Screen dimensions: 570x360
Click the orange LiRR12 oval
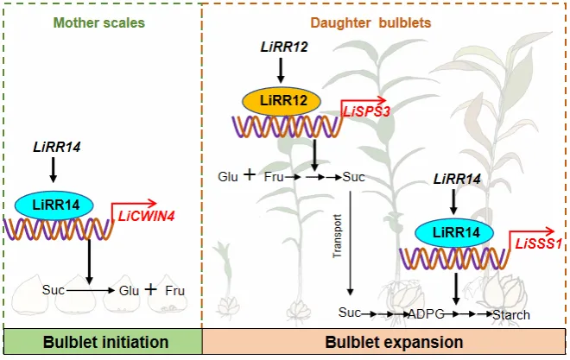coord(282,101)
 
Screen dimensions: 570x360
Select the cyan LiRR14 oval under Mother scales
coord(54,205)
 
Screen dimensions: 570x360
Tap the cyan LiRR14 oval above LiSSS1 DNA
coord(454,233)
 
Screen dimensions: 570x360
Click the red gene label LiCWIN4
coord(147,216)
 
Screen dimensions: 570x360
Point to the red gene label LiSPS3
coord(366,111)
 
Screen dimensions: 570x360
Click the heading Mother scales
coord(99,23)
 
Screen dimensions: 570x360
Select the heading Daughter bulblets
coord(370,23)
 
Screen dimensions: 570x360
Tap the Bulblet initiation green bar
coord(103,342)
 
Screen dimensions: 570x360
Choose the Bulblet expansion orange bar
coord(383,342)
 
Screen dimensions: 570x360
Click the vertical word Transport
coord(338,237)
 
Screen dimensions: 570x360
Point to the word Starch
coord(511,314)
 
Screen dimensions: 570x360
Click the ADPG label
coord(427,314)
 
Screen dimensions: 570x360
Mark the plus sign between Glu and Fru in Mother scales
coord(150,289)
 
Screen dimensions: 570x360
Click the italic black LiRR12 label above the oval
coord(284,47)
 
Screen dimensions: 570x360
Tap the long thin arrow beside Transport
coord(350,243)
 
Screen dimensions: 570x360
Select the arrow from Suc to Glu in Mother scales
coord(91,290)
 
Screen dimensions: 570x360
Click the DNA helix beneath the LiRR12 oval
coord(288,126)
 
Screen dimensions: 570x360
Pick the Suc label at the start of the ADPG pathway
coord(350,313)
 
